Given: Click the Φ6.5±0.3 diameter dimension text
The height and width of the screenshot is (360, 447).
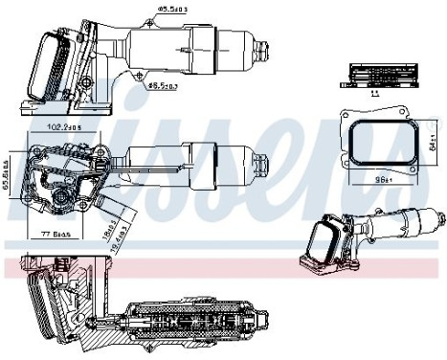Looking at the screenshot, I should [x=160, y=84].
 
